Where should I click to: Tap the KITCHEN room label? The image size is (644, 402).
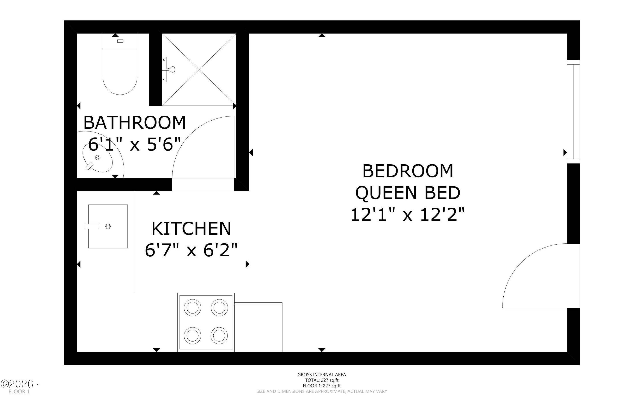191,229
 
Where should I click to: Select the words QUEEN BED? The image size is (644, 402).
408,193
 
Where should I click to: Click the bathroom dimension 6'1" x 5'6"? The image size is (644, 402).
135,144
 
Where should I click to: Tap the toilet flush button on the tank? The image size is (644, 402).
120,41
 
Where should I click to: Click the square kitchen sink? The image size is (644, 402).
108,227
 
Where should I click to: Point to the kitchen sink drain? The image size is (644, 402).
108,227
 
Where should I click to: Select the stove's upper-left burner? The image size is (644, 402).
192,308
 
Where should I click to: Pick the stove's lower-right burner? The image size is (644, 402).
219,336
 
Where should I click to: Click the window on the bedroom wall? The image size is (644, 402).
573,112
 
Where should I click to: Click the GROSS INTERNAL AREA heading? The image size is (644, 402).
322,375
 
